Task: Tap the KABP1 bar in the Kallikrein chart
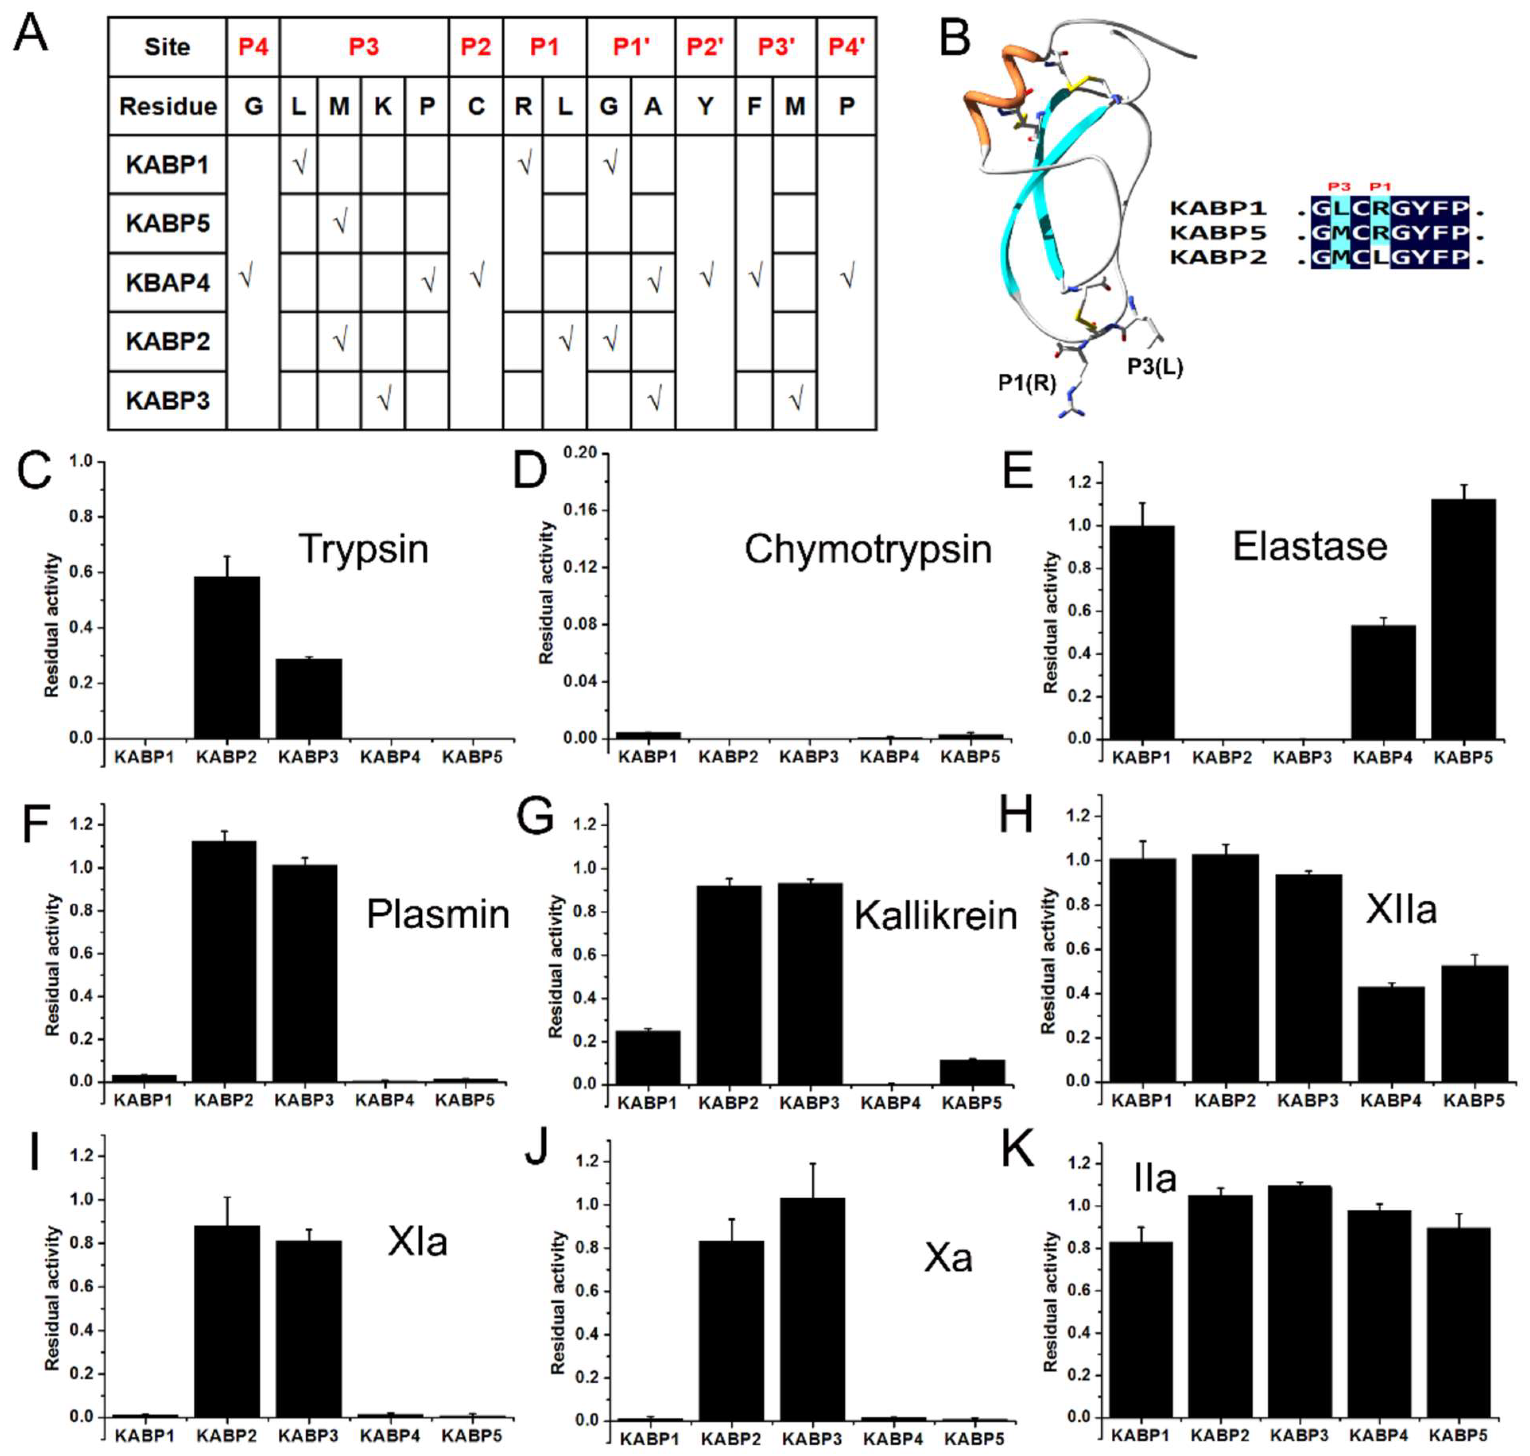tap(648, 1057)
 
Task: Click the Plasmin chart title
tap(438, 914)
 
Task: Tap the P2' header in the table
tap(704, 47)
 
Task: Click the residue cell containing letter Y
tap(704, 105)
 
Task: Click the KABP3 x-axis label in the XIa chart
tap(309, 1436)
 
